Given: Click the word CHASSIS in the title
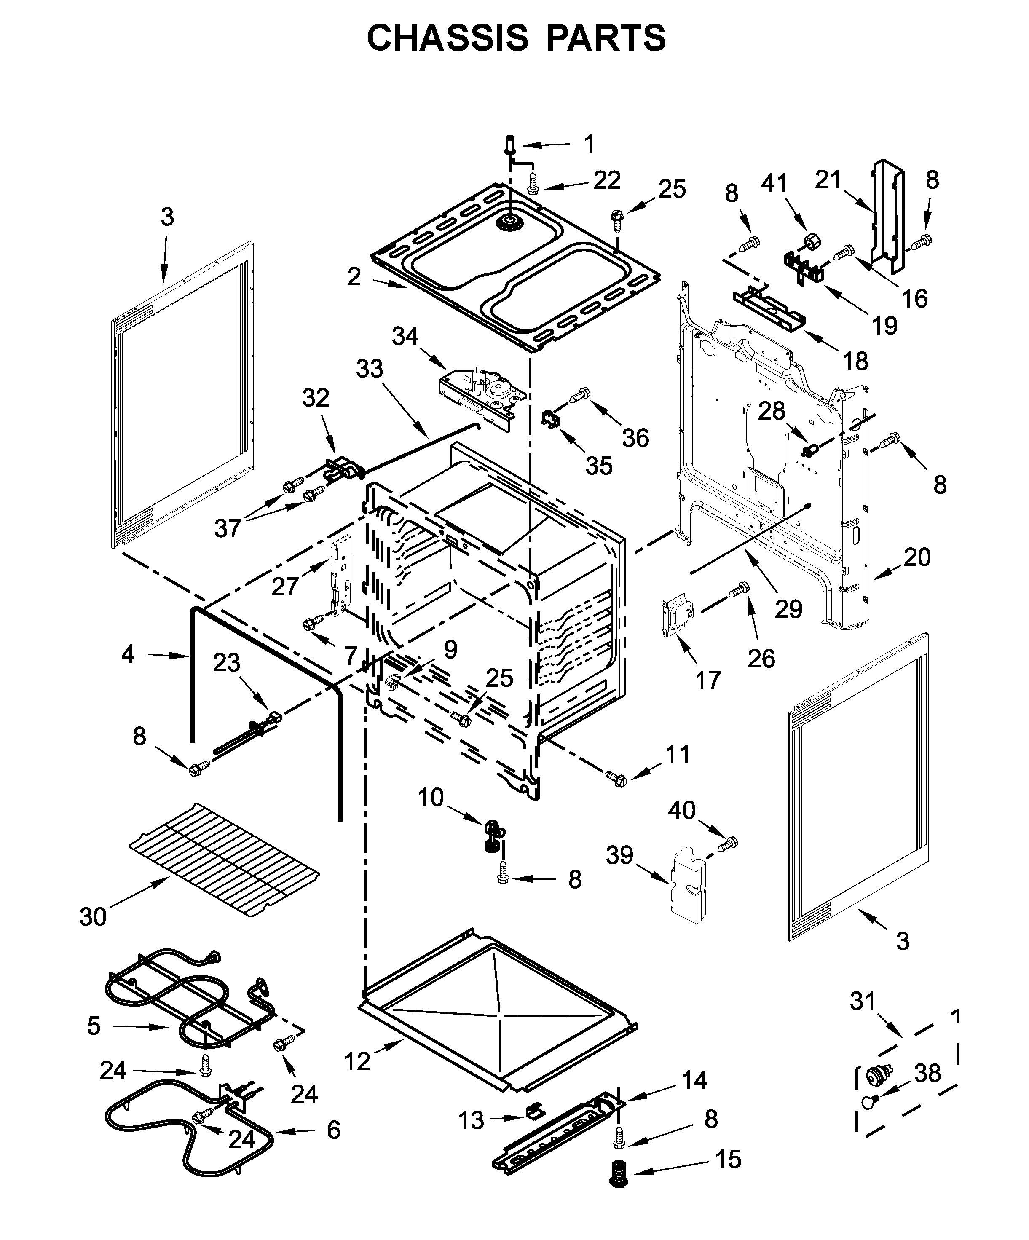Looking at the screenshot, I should tap(448, 39).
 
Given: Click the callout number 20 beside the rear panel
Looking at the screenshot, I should tap(917, 557).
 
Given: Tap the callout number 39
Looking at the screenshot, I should tap(619, 854).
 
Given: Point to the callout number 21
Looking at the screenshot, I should tap(828, 179).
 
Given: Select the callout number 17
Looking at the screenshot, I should tap(708, 680).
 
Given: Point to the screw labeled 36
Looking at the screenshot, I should tap(580, 392).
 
